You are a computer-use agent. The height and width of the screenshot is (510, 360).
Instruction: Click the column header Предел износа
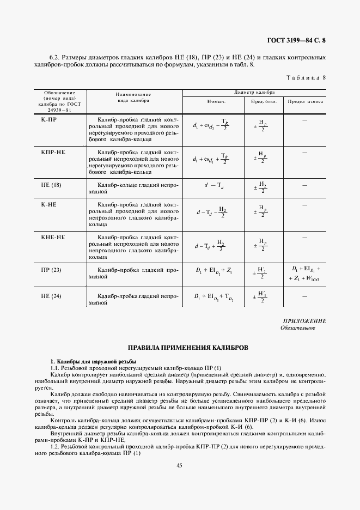(305, 102)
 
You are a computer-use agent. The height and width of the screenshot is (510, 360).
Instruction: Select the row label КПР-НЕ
(53, 152)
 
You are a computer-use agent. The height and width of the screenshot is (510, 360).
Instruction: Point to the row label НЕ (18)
(52, 185)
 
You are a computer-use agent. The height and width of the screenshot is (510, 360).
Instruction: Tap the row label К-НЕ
(50, 204)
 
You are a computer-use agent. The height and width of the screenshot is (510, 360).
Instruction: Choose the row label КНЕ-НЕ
(53, 238)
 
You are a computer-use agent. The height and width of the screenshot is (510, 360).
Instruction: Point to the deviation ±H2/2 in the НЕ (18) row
(261, 188)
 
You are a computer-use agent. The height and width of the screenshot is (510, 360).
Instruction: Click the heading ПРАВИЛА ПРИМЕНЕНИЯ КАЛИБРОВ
(180, 347)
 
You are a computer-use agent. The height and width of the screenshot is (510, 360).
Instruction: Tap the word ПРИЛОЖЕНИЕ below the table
(304, 321)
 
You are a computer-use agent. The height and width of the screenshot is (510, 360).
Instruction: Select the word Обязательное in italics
(297, 328)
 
